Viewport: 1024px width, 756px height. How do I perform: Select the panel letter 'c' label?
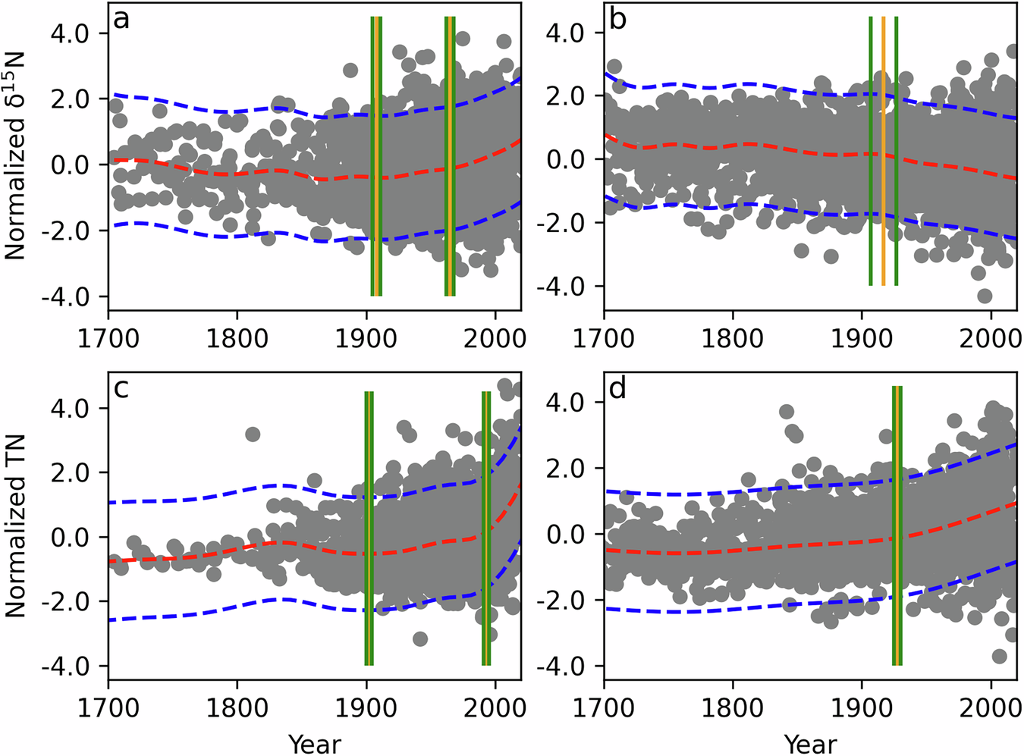coord(121,388)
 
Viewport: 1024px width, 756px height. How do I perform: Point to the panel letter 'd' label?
coord(617,388)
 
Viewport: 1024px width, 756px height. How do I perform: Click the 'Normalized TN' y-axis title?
coord(15,525)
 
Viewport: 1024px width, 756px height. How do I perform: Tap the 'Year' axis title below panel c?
coord(314,744)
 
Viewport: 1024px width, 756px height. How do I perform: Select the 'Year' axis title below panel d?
coord(810,744)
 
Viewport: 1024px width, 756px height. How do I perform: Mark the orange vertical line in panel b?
coord(884,152)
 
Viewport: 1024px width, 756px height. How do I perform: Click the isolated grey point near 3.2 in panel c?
coord(253,434)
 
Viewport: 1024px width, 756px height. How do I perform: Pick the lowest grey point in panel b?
coord(985,296)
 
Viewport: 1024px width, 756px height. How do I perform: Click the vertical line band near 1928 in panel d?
coord(897,525)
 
